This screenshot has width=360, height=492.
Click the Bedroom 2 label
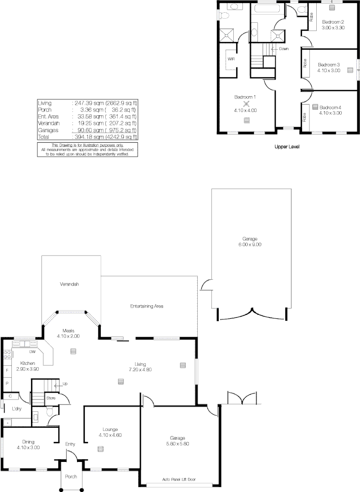[x=333, y=22]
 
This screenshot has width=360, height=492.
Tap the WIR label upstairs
[x=231, y=59]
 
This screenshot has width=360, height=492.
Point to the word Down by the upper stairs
[x=283, y=48]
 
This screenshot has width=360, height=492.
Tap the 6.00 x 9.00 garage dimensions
[x=250, y=245]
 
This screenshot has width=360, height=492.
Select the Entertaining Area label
[x=147, y=306]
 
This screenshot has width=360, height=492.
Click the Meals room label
[x=68, y=330]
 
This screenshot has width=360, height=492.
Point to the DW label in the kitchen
[x=32, y=352]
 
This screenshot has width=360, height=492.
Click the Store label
[x=51, y=398]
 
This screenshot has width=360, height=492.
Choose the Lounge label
[x=110, y=429]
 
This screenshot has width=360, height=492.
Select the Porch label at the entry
[x=71, y=477]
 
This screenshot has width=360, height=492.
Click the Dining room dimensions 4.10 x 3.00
[x=28, y=447]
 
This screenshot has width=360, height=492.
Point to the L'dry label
[x=17, y=409]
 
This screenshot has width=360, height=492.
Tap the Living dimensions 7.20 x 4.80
[x=140, y=369]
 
